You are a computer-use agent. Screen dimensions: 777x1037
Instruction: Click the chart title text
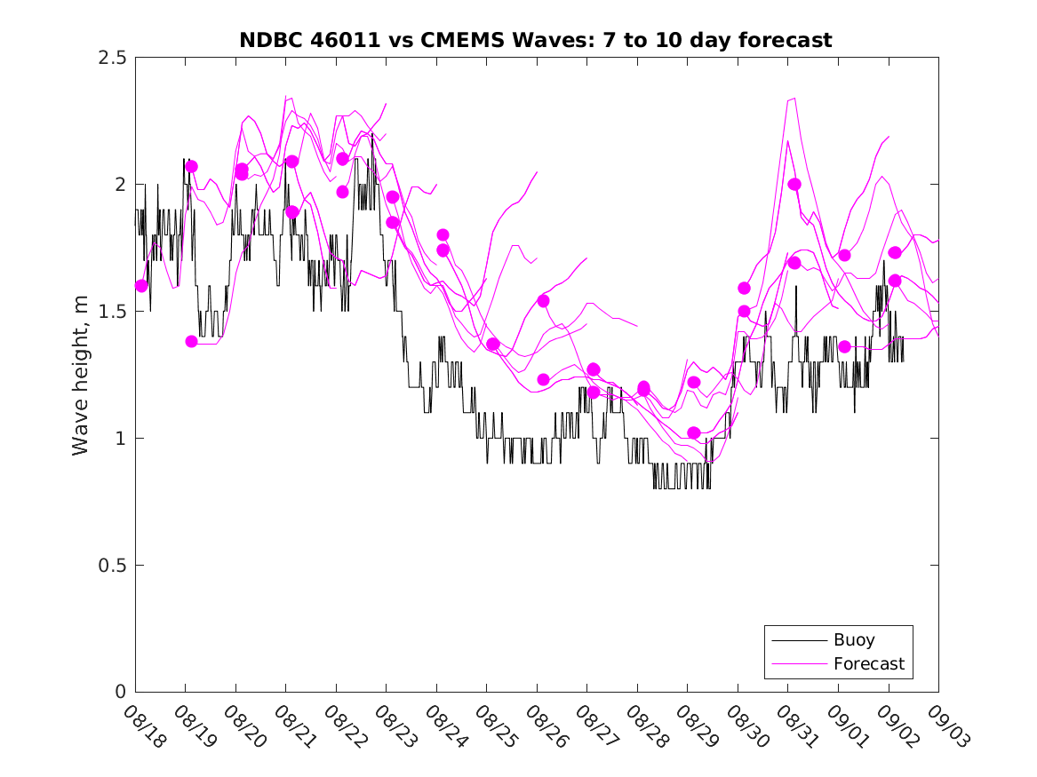(x=536, y=40)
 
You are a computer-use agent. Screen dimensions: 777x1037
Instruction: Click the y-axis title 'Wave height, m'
(x=81, y=375)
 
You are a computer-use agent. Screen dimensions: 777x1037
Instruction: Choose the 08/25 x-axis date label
(x=493, y=726)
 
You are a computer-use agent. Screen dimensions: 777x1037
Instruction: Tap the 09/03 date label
(x=945, y=726)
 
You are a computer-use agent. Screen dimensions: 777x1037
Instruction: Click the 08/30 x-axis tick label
(x=745, y=726)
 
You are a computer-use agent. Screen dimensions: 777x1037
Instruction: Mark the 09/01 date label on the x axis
(x=845, y=726)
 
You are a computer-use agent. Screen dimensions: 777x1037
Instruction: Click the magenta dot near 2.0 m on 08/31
(x=794, y=184)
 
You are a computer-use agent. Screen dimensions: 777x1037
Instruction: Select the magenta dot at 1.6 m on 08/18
(x=141, y=285)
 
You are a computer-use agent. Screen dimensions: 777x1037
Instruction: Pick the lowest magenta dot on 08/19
(x=191, y=341)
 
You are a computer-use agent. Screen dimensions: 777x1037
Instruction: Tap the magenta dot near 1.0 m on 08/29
(x=694, y=432)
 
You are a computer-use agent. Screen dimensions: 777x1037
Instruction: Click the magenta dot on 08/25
(x=493, y=344)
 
